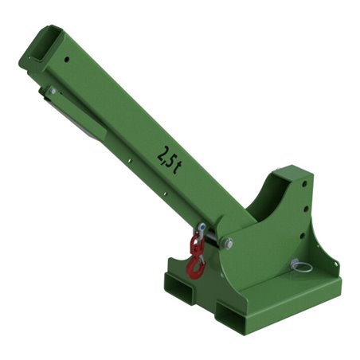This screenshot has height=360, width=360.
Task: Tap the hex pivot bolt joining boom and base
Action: click(x=229, y=243)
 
